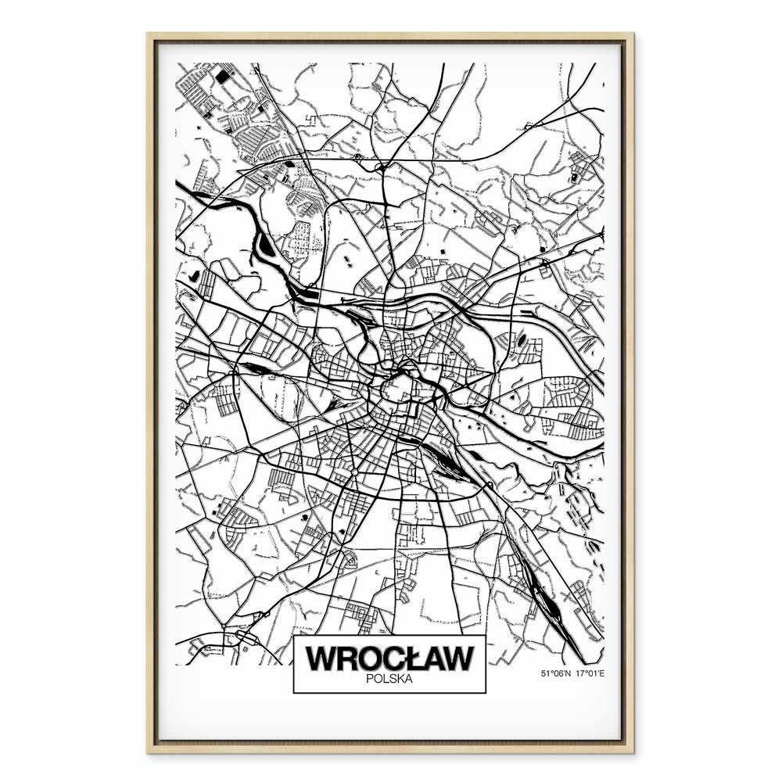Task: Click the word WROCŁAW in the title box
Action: (389, 658)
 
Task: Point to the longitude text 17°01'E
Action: (592, 673)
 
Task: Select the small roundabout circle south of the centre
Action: (353, 474)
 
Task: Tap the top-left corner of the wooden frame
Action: (148, 34)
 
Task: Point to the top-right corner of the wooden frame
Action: (634, 34)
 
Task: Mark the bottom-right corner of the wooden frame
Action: (634, 752)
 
